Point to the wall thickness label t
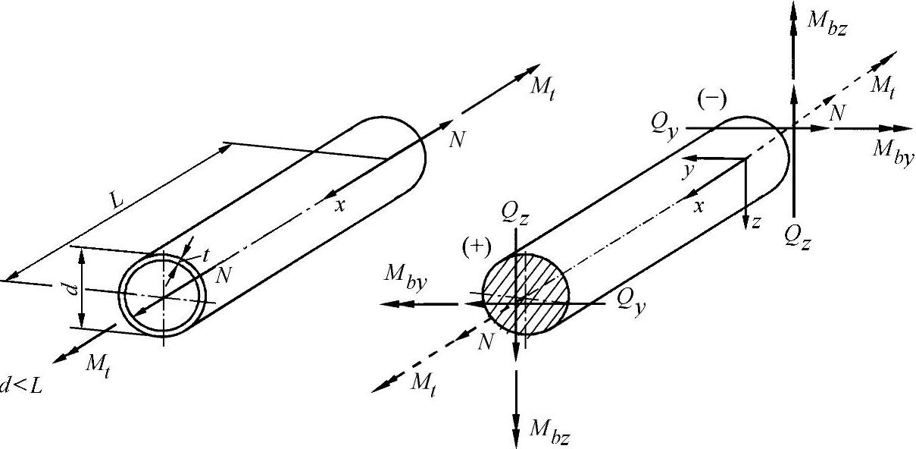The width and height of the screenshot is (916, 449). coord(205,256)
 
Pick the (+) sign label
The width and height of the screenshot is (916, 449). coord(477,246)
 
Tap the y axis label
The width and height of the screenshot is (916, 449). coord(687,171)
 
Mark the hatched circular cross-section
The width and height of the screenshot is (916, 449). coord(526,293)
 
